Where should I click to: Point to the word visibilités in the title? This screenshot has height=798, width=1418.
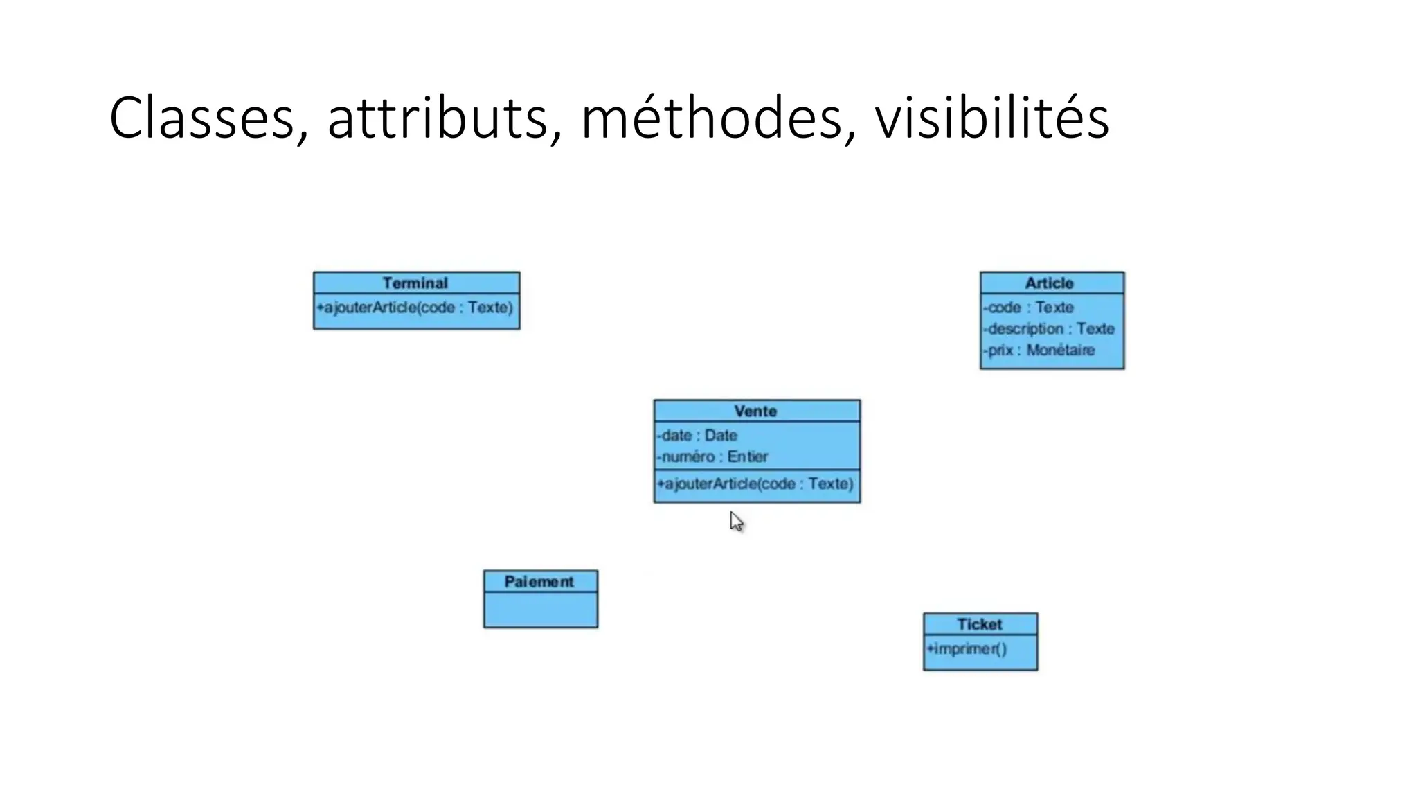[x=991, y=118]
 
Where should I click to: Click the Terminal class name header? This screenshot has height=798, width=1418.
[x=415, y=283]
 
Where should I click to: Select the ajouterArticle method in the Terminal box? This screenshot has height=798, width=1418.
[x=415, y=307]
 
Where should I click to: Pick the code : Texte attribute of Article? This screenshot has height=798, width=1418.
[x=1029, y=307]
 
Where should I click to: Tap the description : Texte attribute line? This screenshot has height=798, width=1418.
[x=1050, y=328]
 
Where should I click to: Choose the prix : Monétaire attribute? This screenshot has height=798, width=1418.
[x=1039, y=350]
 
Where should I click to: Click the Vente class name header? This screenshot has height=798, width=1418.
[x=755, y=411]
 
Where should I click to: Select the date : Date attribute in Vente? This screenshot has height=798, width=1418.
[x=698, y=435]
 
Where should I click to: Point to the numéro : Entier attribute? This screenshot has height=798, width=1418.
[x=713, y=456]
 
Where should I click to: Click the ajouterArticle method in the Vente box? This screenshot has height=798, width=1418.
[x=755, y=484]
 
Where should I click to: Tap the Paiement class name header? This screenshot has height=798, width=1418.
[x=539, y=582]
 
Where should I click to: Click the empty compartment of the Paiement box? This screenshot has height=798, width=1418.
[x=541, y=610]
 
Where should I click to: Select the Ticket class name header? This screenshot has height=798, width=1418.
[x=980, y=624]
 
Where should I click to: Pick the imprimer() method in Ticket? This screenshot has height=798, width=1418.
[x=967, y=649]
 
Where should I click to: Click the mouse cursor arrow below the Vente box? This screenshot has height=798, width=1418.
[x=736, y=522]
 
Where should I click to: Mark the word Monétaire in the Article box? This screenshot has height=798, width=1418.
[x=1061, y=350]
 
